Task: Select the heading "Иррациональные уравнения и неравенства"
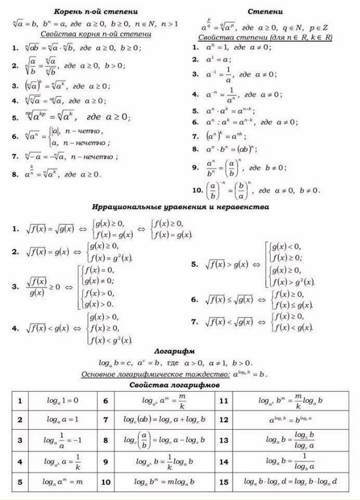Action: (x=181, y=207)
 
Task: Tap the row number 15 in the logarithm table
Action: (x=223, y=482)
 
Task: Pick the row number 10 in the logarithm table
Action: (x=106, y=482)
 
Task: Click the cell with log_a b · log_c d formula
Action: (x=290, y=482)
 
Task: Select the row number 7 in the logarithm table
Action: (x=106, y=419)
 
